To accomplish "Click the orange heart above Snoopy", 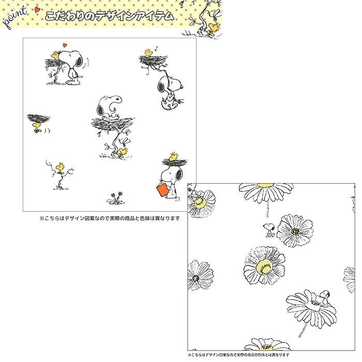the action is pos(65,45).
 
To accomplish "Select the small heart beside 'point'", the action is pos(37,9).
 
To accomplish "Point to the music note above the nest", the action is pos(156,49).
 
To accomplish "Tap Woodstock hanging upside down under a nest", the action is pos(37,127).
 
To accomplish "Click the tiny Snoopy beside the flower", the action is pos(269,230).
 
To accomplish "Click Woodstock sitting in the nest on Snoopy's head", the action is pos(174,156).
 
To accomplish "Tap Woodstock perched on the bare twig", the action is pos(61,167).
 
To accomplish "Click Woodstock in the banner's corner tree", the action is pos(215,27).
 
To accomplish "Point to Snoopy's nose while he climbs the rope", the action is pos(183,86).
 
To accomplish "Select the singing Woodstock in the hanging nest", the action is pos(148,52).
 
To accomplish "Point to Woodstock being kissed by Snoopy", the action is pos(55,55).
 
